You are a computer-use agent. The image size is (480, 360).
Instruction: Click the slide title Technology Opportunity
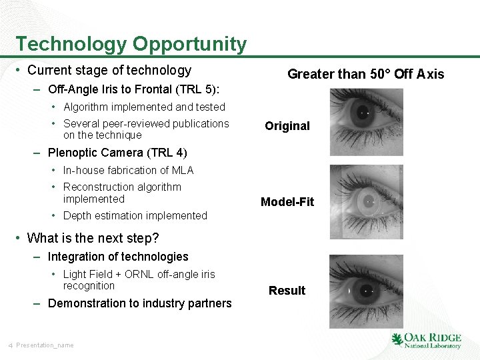[131, 44]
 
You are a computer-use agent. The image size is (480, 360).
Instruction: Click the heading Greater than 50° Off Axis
[365, 74]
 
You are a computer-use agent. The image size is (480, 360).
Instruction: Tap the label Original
[287, 126]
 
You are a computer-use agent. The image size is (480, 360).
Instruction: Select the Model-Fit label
[287, 202]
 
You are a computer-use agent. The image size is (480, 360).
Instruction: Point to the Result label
[287, 291]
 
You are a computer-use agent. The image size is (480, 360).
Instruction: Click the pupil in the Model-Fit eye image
[369, 199]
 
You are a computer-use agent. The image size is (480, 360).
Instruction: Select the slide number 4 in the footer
[11, 345]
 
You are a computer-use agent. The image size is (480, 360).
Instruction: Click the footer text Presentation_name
[45, 345]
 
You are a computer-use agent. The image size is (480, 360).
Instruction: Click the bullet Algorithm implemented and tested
[144, 107]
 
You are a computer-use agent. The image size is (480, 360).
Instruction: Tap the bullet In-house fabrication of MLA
[128, 170]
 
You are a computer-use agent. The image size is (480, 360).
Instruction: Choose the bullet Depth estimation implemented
[135, 215]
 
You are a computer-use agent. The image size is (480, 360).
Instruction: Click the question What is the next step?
[93, 238]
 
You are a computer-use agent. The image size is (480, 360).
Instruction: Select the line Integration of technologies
[118, 257]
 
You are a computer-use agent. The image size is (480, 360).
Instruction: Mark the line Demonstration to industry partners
[139, 303]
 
